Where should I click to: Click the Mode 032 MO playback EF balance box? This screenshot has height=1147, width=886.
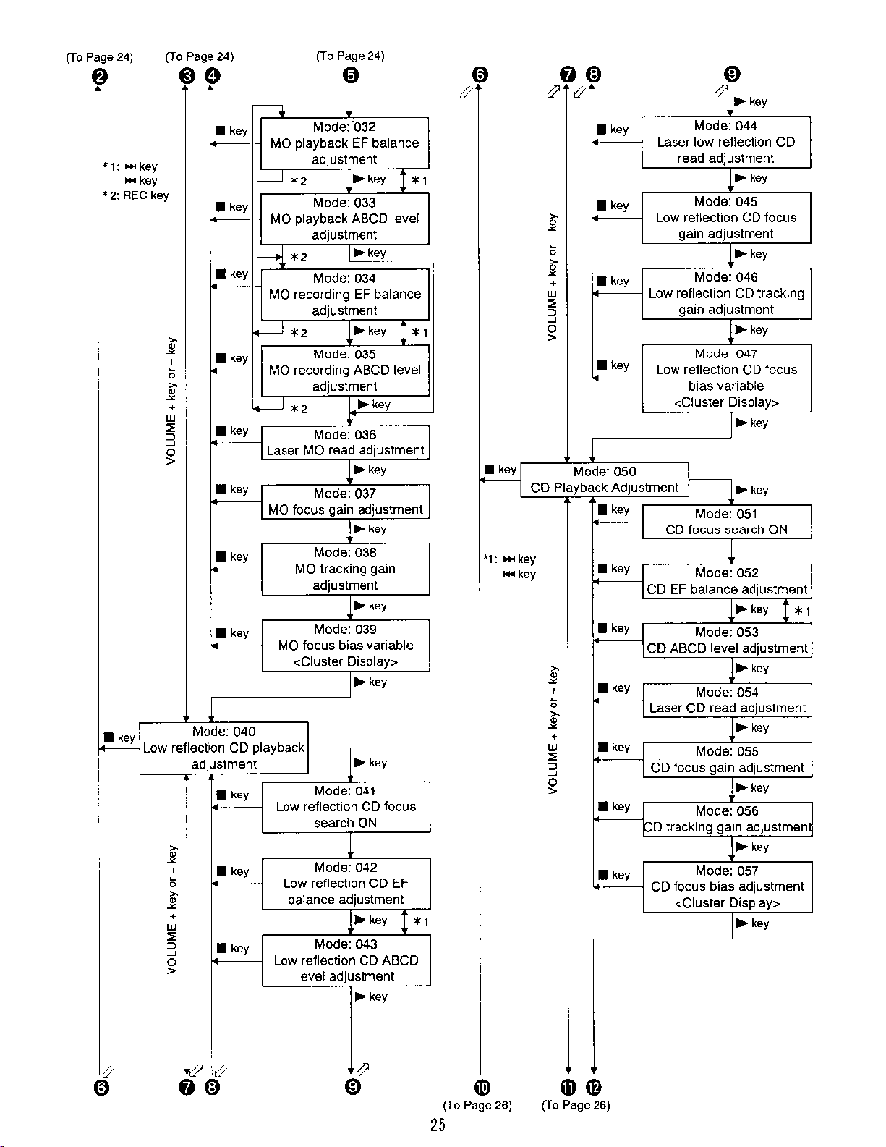tap(344, 143)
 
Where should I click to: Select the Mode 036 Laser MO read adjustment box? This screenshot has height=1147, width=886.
tap(345, 442)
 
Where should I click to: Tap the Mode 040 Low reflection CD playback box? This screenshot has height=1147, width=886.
tap(223, 748)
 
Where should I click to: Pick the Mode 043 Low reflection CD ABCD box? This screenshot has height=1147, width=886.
tap(346, 960)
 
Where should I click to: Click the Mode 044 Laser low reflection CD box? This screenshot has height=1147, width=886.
tap(725, 142)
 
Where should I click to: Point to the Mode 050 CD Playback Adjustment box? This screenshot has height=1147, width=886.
tap(604, 480)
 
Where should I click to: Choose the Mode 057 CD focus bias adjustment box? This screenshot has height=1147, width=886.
tap(727, 886)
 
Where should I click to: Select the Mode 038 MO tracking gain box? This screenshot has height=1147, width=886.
tap(345, 569)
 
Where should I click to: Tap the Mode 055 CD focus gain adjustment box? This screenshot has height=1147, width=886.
tap(727, 760)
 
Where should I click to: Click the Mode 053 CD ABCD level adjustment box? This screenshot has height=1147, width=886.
tap(727, 640)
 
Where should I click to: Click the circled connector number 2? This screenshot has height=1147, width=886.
tap(100, 76)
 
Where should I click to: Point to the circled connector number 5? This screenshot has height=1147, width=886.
tap(350, 75)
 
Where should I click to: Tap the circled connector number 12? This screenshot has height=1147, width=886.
tap(593, 1087)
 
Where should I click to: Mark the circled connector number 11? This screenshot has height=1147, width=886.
tap(568, 1087)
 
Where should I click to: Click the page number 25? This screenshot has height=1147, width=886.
tap(438, 1125)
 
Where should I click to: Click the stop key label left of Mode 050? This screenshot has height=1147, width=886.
tap(500, 470)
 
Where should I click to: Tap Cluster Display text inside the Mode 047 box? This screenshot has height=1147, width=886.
tap(726, 402)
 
